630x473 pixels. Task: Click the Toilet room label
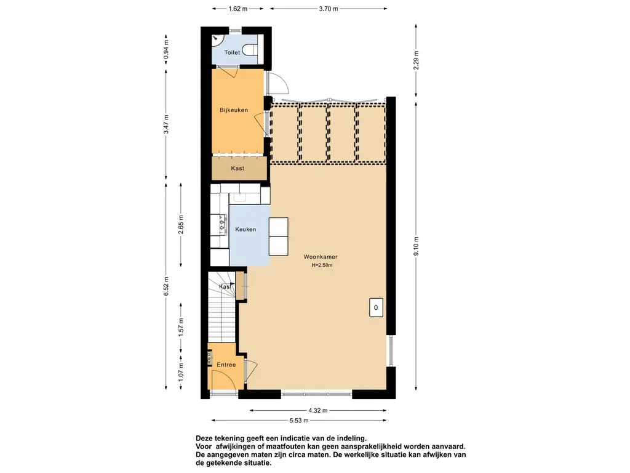(232, 52)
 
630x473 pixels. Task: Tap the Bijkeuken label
(233, 110)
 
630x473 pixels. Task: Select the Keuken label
(245, 229)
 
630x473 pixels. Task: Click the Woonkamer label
(321, 257)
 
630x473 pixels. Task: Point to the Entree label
(226, 365)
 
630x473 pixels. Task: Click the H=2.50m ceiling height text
(322, 265)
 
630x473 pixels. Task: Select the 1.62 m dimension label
(238, 9)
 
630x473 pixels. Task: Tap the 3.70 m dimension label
(329, 9)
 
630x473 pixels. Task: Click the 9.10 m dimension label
(417, 246)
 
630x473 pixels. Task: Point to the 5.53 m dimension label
(299, 421)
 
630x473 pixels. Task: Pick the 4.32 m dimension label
(318, 411)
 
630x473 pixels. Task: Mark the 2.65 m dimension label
(181, 224)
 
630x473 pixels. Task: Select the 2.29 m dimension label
(417, 60)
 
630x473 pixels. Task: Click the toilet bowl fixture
(250, 50)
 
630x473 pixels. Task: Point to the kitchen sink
(240, 197)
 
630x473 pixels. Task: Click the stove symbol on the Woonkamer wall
(376, 308)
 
